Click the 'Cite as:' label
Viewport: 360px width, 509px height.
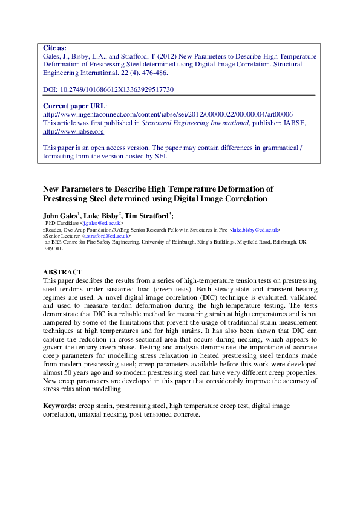click(55, 48)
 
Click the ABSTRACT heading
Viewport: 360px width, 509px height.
click(62, 272)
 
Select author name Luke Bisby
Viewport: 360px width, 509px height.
click(102, 215)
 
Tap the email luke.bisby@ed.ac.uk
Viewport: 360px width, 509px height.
click(254, 230)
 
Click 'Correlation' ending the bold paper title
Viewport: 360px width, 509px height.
click(239, 198)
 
